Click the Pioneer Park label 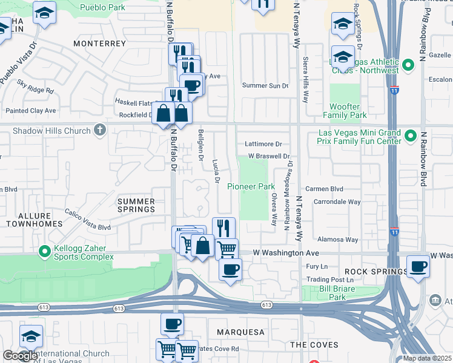pos(251,187)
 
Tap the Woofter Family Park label pos(345,111)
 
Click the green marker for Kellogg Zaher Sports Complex pos(44,250)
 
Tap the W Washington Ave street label pos(285,252)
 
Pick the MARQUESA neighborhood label pos(240,332)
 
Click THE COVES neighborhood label pos(309,344)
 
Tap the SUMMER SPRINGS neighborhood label pos(136,205)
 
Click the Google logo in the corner pos(19,356)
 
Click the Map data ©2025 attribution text pos(426,358)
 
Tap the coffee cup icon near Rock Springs pos(418,266)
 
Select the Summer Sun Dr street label pos(265,85)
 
